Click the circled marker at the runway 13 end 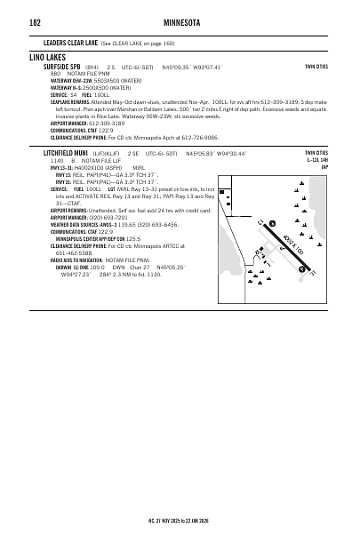[272, 221]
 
